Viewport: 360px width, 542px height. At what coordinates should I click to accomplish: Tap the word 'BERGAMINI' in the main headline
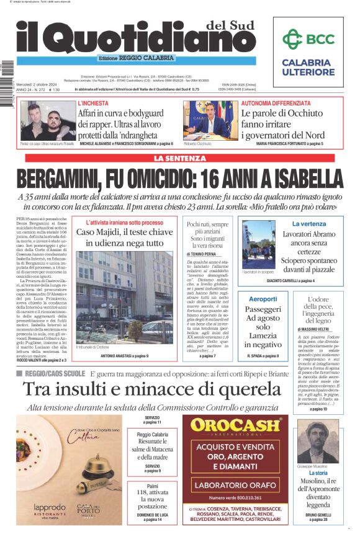point(70,179)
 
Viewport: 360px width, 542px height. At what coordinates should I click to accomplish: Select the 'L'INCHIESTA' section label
point(92,102)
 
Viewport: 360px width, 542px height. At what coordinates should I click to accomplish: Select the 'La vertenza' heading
point(308,223)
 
